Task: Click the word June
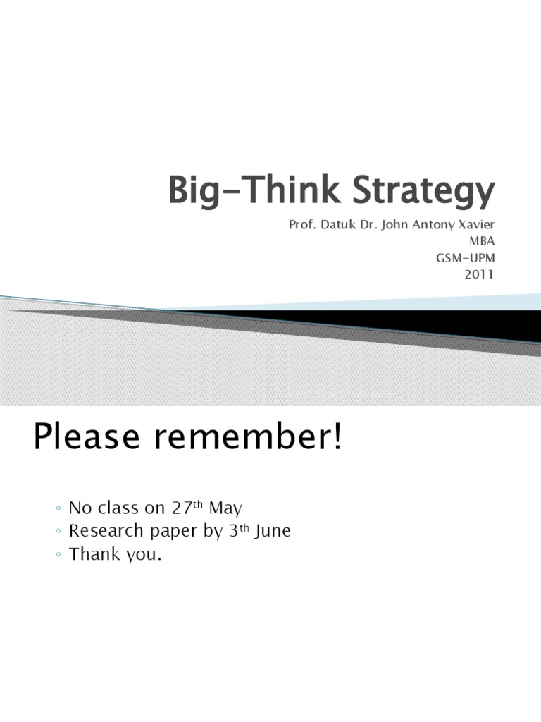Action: coord(270,532)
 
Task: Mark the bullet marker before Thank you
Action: coord(57,556)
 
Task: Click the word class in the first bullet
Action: coord(122,508)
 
